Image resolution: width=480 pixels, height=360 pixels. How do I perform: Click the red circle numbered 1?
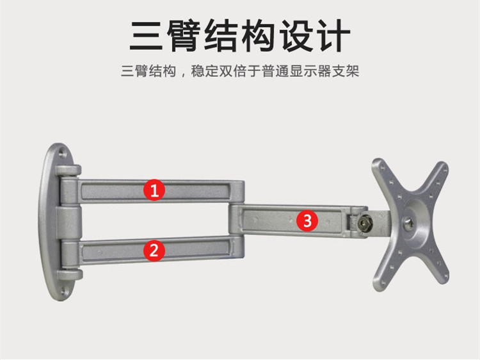coord(154,190)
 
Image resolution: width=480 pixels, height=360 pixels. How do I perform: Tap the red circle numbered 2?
coord(154,250)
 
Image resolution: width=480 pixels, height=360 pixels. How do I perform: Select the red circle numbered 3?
coord(307,220)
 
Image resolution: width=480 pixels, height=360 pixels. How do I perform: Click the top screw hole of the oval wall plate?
coord(62,152)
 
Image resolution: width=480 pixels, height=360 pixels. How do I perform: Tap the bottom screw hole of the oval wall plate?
coord(63,291)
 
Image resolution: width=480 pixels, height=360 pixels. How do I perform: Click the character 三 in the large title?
coord(146,35)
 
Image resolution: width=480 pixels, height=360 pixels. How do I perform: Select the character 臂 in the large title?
coord(184,35)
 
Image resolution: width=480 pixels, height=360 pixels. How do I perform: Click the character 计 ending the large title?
coord(332,35)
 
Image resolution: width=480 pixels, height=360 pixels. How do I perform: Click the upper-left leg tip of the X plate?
coord(378,164)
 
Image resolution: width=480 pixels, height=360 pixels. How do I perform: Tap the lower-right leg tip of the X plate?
coord(444,277)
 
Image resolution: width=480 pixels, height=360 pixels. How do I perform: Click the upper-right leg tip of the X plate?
coord(442,168)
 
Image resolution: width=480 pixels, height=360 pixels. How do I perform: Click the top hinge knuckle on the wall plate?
coord(68,170)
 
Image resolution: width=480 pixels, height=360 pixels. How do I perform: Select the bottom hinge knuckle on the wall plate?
coord(70,275)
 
